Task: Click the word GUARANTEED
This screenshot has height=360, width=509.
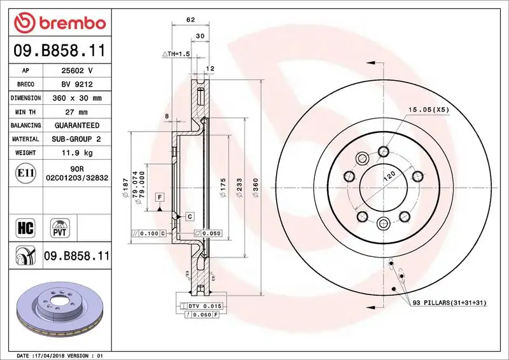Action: tap(76, 125)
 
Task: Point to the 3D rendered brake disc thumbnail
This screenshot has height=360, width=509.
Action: tap(59, 312)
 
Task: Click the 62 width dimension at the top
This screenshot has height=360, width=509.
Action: tap(190, 20)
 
